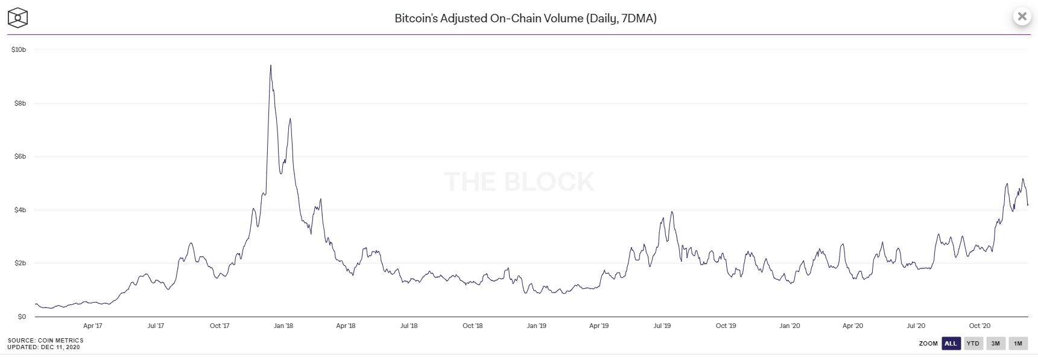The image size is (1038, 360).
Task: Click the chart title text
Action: click(x=525, y=18)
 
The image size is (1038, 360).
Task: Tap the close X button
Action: click(x=1022, y=17)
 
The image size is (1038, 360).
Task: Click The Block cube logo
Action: click(x=18, y=17)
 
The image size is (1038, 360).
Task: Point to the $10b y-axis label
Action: click(x=19, y=49)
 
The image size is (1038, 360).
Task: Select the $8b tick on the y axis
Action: click(x=20, y=103)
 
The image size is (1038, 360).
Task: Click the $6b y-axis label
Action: click(x=20, y=157)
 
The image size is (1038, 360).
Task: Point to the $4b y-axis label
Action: click(x=20, y=210)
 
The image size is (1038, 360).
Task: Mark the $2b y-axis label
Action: click(x=20, y=264)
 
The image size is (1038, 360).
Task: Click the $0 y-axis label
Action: click(x=22, y=317)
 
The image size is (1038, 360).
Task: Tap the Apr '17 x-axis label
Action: click(x=92, y=326)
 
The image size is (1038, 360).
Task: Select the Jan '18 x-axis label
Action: click(x=283, y=326)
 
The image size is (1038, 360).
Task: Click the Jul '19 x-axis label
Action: click(x=662, y=326)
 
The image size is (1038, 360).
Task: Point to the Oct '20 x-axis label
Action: click(x=979, y=326)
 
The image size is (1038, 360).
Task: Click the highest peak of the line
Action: click(x=270, y=65)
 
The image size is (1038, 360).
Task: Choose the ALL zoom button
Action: click(x=951, y=344)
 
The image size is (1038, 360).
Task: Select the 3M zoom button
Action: click(x=995, y=344)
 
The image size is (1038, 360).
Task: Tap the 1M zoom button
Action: click(x=1017, y=344)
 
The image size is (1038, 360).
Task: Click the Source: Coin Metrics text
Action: click(x=45, y=341)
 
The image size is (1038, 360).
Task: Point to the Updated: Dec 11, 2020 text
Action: click(x=43, y=347)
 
